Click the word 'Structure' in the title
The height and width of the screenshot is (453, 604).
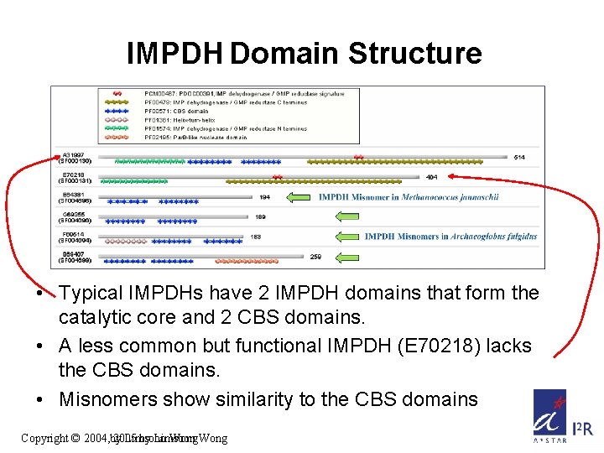click(414, 54)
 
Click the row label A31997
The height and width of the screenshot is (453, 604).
click(74, 154)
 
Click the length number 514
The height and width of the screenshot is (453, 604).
click(519, 157)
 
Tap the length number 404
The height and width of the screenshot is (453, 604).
click(431, 177)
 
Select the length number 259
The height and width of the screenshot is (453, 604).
click(316, 257)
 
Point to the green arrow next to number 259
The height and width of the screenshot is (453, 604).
click(346, 257)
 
